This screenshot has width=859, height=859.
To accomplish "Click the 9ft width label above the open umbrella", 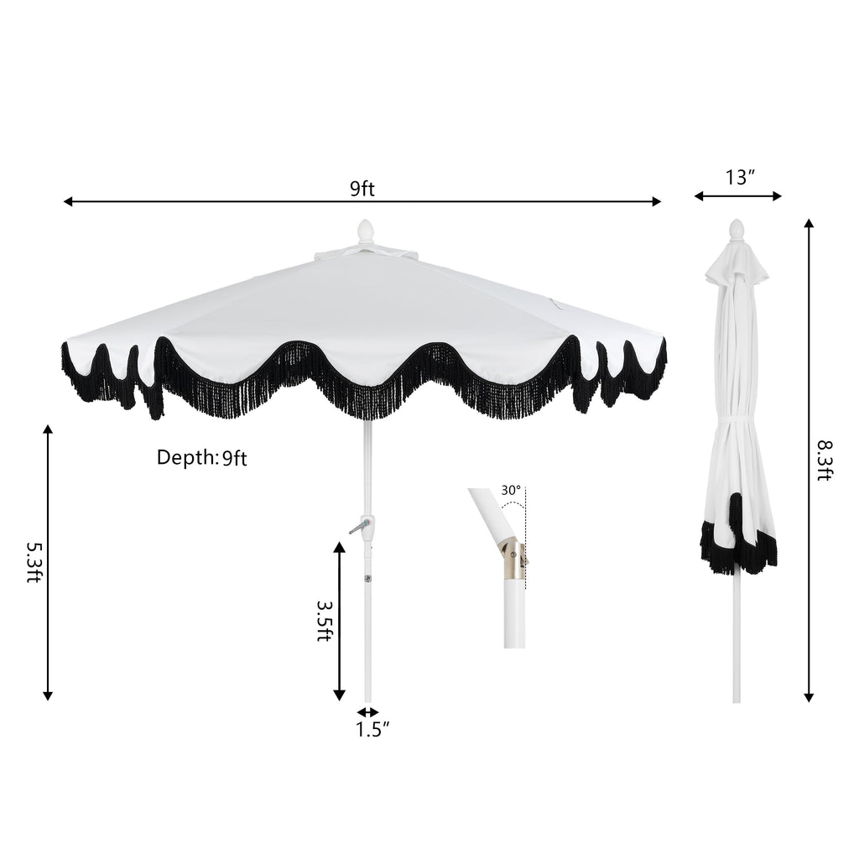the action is [362, 189].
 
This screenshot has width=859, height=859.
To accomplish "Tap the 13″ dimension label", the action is [740, 178].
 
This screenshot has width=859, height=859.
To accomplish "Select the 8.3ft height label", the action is [825, 461].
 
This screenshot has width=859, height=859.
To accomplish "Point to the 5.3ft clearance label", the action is [34, 562].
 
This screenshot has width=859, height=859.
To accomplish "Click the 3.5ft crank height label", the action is [325, 622].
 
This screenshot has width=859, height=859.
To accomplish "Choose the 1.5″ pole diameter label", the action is [372, 729].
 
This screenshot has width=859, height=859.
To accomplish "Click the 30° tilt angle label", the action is [511, 490].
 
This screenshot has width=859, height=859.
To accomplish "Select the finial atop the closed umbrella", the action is [737, 230].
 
